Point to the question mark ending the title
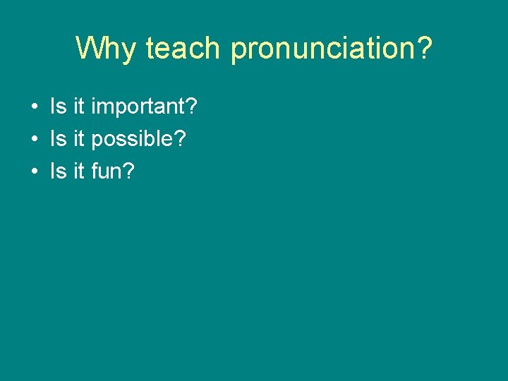423,48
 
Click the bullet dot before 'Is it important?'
34,108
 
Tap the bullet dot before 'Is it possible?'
34,139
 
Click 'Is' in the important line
57,108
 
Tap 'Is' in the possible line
57,139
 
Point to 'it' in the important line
78,108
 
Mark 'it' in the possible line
78,139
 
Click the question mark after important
191,108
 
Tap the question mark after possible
180,139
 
